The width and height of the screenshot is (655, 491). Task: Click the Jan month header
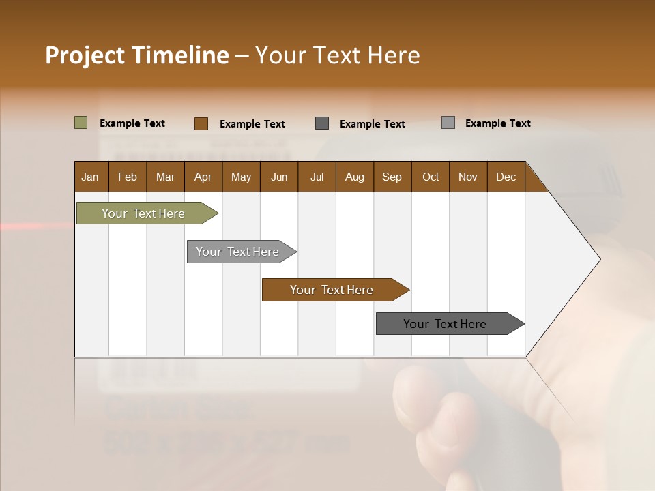[x=91, y=177]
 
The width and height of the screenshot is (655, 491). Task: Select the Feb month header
[x=128, y=177]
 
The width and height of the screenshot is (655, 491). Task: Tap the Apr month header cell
[x=203, y=177]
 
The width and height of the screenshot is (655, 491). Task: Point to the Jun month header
[x=279, y=177]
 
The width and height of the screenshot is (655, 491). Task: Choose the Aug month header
[x=355, y=177]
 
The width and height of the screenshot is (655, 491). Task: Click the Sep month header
[x=392, y=177]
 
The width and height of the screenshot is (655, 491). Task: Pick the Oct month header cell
[x=431, y=177]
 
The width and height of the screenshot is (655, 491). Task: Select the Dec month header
[x=506, y=177]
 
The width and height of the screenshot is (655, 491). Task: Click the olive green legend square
[x=81, y=123]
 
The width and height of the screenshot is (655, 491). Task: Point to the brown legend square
[x=201, y=123]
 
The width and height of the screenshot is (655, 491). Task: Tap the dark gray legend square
[x=322, y=123]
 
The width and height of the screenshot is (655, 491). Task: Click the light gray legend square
[x=448, y=123]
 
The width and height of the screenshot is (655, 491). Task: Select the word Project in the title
[x=86, y=55]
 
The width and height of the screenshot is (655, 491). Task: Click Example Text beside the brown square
[x=252, y=124]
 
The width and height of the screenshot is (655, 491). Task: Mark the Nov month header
[x=468, y=177]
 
